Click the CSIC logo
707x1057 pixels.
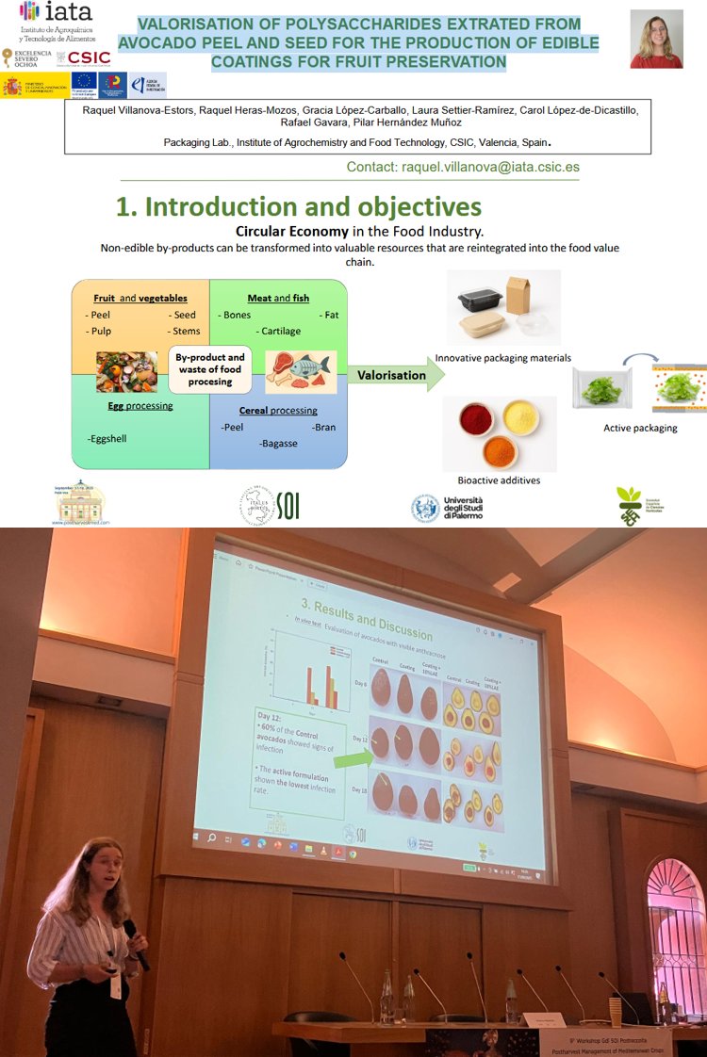tap(84, 57)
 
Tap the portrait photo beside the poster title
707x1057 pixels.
tap(656, 39)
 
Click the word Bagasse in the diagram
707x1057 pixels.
tap(278, 443)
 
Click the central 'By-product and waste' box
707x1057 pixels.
tap(209, 369)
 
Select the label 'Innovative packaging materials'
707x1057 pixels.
tap(502, 358)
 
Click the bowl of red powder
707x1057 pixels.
tap(477, 418)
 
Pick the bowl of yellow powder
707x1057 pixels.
tap(520, 415)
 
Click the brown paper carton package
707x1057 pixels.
tap(523, 297)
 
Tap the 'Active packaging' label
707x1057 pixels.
tap(640, 428)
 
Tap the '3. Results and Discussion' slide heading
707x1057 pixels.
tap(366, 618)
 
